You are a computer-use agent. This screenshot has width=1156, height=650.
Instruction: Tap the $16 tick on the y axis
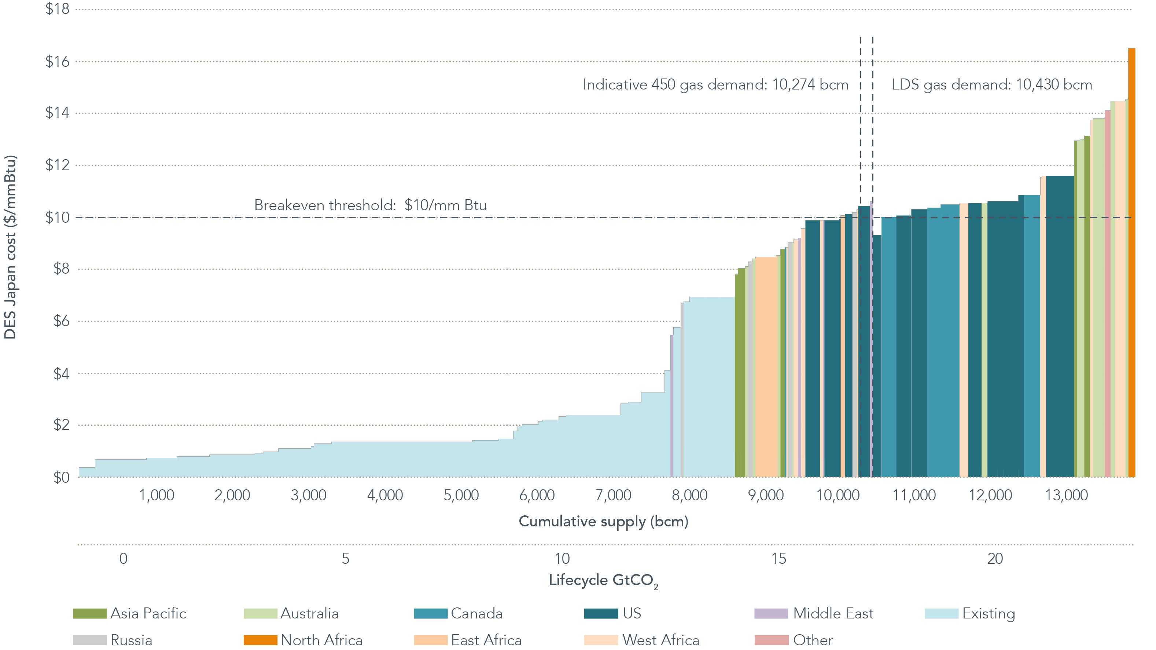point(58,62)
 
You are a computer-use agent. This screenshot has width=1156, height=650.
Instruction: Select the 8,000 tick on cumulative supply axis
point(689,495)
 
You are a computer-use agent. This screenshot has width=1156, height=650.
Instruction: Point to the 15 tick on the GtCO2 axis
point(778,558)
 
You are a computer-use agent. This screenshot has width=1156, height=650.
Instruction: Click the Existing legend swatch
point(941,614)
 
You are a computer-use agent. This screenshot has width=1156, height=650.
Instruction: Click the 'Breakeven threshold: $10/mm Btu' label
point(370,205)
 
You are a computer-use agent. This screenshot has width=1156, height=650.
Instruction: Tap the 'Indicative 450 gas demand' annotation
point(715,84)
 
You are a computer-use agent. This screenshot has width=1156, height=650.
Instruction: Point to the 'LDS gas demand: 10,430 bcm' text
point(992,84)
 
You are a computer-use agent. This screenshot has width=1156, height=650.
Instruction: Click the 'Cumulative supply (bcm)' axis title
point(603,522)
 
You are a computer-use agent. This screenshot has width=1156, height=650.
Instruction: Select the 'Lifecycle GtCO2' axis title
point(603,580)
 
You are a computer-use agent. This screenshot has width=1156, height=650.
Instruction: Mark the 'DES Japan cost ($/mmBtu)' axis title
point(10,247)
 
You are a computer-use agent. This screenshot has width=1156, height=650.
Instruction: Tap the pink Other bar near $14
point(1108,292)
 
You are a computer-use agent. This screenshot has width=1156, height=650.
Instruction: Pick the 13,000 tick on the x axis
point(1066,495)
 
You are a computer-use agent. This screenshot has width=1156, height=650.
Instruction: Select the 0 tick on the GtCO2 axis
point(124,558)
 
